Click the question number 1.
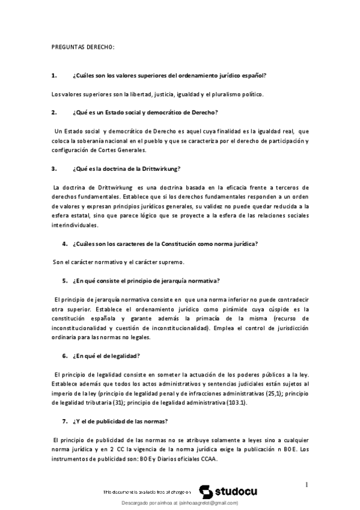[54, 75]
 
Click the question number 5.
[64, 281]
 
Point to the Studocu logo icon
[204, 491]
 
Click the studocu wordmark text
[236, 491]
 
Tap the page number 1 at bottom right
[306, 485]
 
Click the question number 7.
[64, 421]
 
